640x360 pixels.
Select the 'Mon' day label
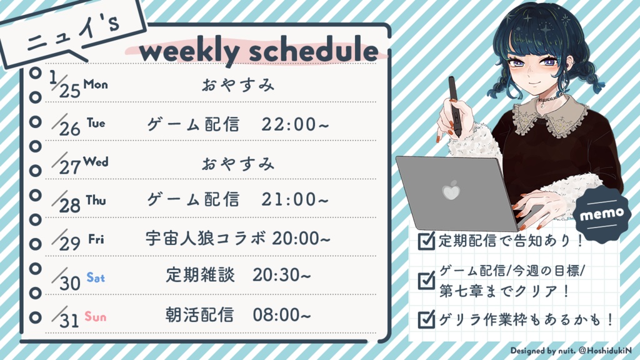(96, 84)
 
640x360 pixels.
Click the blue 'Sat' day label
(96, 277)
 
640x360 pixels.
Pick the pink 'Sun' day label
(96, 317)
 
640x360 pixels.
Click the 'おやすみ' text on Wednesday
(238, 164)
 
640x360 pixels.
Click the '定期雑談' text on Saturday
(201, 276)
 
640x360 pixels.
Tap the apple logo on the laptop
(451, 190)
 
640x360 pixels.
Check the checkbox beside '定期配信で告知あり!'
(426, 241)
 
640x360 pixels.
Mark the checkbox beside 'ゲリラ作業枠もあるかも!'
(426, 319)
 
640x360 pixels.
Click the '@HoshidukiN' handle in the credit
(605, 351)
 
